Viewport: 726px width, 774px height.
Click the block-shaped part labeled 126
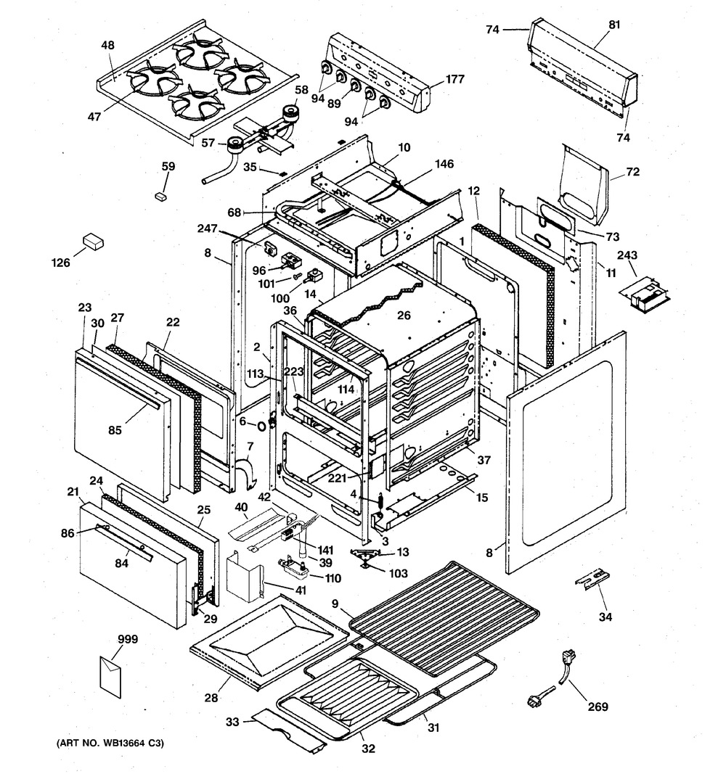coord(94,242)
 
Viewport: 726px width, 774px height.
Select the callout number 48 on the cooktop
coord(107,45)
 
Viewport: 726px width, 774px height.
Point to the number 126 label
coord(61,263)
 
